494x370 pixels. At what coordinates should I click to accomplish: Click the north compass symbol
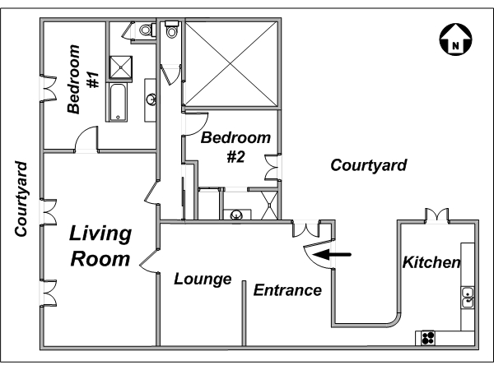(x=455, y=39)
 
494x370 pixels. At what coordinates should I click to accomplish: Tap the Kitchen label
(x=431, y=262)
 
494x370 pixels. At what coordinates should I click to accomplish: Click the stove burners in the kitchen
(x=428, y=338)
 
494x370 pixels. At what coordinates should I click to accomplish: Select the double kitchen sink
(x=468, y=298)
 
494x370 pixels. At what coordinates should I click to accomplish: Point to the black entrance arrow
(x=332, y=254)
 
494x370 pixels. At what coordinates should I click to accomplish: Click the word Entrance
(x=287, y=290)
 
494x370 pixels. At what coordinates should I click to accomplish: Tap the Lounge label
(x=203, y=279)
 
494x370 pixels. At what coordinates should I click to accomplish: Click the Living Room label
(x=100, y=246)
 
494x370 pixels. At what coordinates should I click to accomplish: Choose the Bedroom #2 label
(x=235, y=147)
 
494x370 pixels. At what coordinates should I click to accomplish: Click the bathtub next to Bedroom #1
(x=118, y=102)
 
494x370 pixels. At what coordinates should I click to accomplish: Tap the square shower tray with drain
(x=120, y=67)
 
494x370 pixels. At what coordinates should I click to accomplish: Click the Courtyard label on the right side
(x=369, y=165)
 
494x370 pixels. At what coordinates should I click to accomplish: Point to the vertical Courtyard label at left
(x=21, y=199)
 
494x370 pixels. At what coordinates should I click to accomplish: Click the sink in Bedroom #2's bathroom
(x=236, y=215)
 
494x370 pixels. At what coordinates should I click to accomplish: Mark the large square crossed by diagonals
(x=231, y=64)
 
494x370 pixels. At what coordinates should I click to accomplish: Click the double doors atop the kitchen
(x=436, y=215)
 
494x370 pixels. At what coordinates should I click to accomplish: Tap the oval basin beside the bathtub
(x=151, y=99)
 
